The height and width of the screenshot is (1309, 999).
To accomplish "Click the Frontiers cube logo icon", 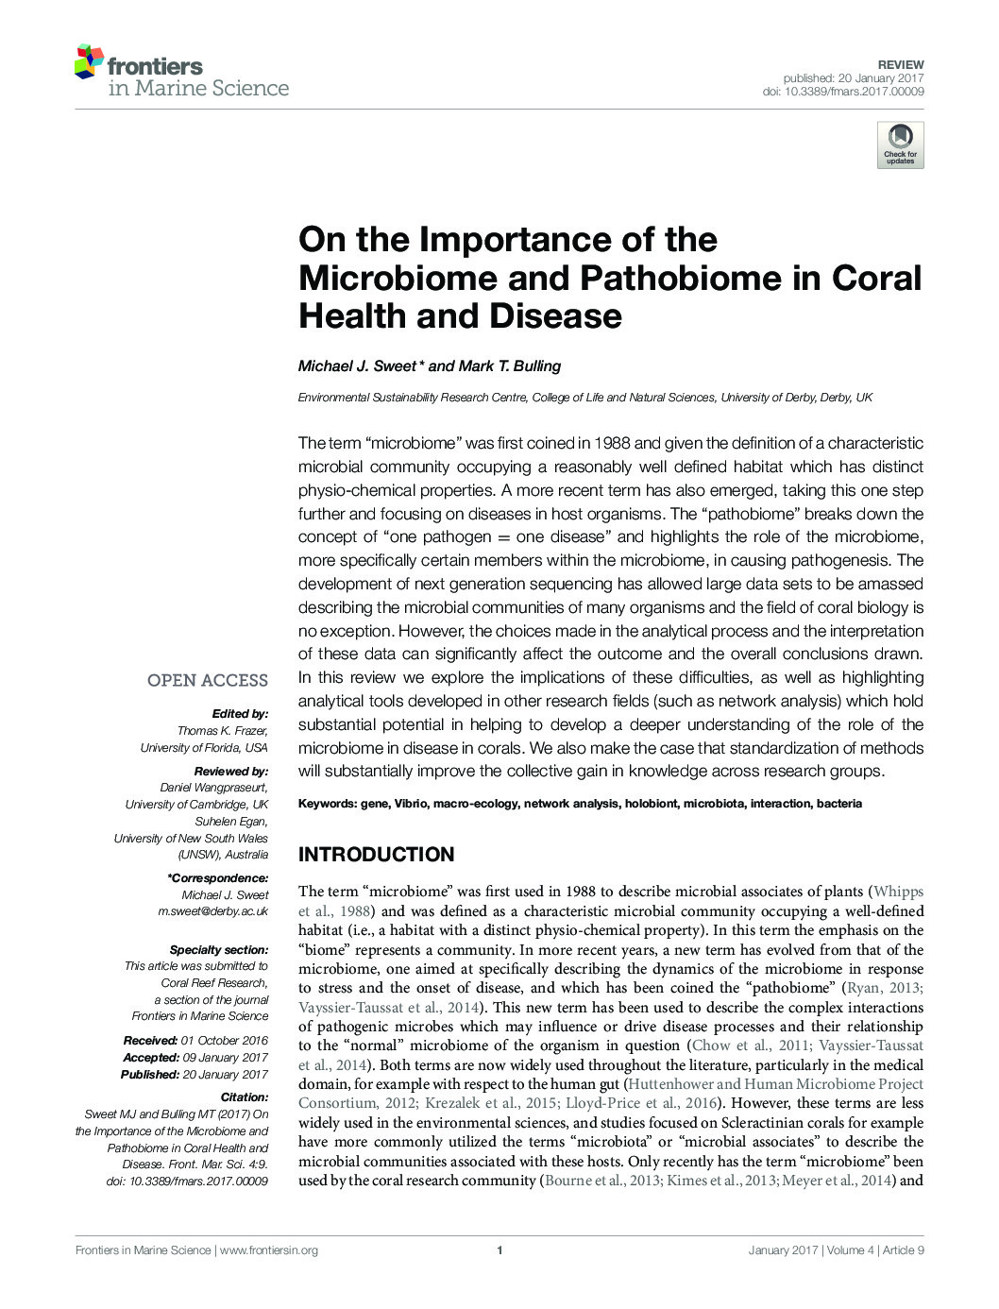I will click(x=89, y=61).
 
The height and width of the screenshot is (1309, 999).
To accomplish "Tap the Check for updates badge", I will click(x=900, y=144).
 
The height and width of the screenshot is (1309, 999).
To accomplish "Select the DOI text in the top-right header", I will click(x=843, y=92).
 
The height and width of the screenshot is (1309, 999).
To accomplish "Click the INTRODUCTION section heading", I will click(x=376, y=855).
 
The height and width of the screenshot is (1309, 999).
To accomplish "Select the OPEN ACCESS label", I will click(x=207, y=680).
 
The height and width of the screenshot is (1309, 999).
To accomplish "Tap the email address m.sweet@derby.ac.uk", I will click(x=212, y=911).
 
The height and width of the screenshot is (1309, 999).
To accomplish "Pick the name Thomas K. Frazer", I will click(x=222, y=731).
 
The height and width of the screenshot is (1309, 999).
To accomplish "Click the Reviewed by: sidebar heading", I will click(x=230, y=772).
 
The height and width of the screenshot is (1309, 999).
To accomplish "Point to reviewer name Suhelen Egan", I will click(x=230, y=822).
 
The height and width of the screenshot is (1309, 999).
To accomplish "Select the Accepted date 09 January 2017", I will click(x=225, y=1058).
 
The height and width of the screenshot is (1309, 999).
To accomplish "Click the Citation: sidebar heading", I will click(x=244, y=1097).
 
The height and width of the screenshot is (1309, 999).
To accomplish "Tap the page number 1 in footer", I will click(x=499, y=1250).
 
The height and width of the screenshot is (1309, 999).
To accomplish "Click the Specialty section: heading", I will click(x=218, y=950).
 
